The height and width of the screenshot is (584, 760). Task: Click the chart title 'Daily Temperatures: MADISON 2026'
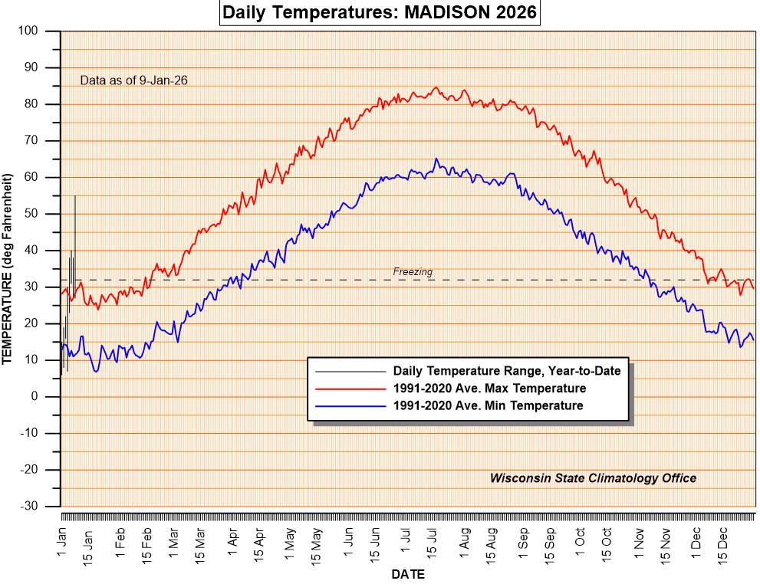pyautogui.click(x=379, y=13)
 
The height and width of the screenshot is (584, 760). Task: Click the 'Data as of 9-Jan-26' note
pyautogui.click(x=134, y=80)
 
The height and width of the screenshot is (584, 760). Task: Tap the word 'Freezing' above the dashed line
pyautogui.click(x=413, y=271)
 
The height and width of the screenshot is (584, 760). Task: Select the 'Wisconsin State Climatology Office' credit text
pyautogui.click(x=593, y=478)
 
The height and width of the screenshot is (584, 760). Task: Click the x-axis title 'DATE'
pyautogui.click(x=408, y=574)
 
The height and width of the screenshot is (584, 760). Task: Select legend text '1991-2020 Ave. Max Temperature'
pyautogui.click(x=489, y=389)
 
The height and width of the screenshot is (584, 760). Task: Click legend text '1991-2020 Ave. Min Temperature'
pyautogui.click(x=488, y=405)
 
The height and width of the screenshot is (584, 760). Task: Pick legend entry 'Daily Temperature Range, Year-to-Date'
pyautogui.click(x=506, y=371)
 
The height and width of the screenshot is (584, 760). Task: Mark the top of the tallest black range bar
pyautogui.click(x=75, y=196)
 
